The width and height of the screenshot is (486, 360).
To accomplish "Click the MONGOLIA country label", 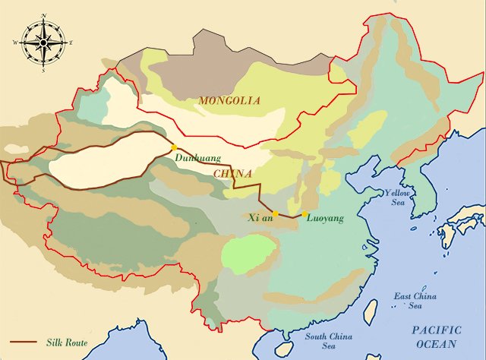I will click(x=229, y=100).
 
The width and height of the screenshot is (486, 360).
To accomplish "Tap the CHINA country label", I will click(x=232, y=174).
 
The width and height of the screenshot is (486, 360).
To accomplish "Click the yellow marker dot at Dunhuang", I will click(x=174, y=147).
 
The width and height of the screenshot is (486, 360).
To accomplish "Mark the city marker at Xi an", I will click(x=276, y=215).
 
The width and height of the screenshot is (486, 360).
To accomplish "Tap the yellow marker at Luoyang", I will click(x=305, y=214).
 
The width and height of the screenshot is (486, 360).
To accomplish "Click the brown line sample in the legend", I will click(x=21, y=343).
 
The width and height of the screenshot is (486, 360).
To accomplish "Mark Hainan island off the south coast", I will click(x=282, y=349).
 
